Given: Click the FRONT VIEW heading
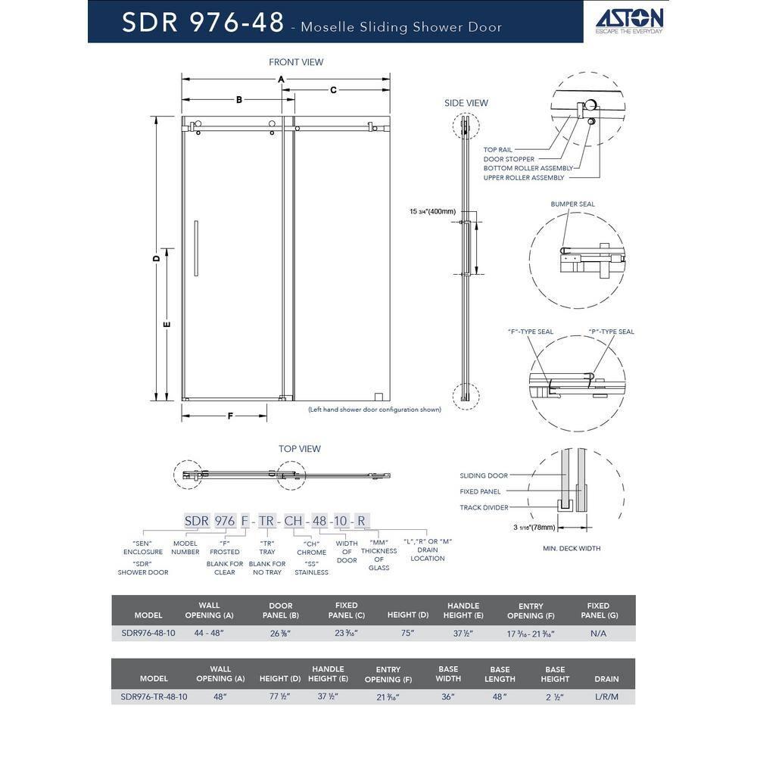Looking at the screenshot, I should pyautogui.click(x=296, y=62).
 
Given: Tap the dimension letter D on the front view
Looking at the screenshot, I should pyautogui.click(x=157, y=258).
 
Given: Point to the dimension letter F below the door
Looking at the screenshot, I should pyautogui.click(x=229, y=416).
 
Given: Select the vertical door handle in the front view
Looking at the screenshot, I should pyautogui.click(x=196, y=248).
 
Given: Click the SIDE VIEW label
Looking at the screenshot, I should pyautogui.click(x=466, y=103).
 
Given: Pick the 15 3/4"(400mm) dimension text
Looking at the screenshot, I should pyautogui.click(x=433, y=211).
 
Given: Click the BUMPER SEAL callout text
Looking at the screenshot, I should pyautogui.click(x=573, y=204).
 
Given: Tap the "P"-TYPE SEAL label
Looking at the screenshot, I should pyautogui.click(x=611, y=332).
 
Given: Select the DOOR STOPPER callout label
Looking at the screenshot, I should pyautogui.click(x=509, y=159).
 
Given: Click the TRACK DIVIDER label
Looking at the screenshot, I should pyautogui.click(x=484, y=507).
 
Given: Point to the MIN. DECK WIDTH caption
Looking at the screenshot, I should pyautogui.click(x=572, y=548).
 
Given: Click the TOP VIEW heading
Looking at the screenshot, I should pyautogui.click(x=300, y=449).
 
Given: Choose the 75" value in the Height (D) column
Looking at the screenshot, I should pyautogui.click(x=408, y=633).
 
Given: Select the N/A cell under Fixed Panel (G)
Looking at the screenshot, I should pyautogui.click(x=598, y=633).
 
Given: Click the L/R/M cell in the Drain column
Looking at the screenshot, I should pyautogui.click(x=606, y=696).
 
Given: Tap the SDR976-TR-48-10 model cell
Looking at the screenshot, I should pyautogui.click(x=154, y=696).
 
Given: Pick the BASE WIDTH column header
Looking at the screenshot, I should pyautogui.click(x=448, y=674).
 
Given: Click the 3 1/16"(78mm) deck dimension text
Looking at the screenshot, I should pyautogui.click(x=534, y=527).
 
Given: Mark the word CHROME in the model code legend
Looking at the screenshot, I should pyautogui.click(x=311, y=553).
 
